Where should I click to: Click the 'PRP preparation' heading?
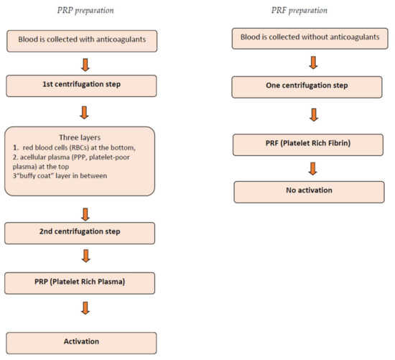pyautogui.click(x=85, y=11)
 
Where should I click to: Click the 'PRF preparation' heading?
pyautogui.click(x=299, y=11)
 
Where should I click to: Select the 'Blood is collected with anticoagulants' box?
pyautogui.click(x=82, y=41)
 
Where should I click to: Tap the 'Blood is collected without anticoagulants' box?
pyautogui.click(x=310, y=38)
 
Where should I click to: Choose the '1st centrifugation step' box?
pyautogui.click(x=81, y=86)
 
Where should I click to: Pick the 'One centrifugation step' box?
pyautogui.click(x=307, y=87)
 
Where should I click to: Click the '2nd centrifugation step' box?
pyautogui.click(x=80, y=233)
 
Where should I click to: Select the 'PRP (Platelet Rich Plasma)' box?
pyautogui.click(x=80, y=283)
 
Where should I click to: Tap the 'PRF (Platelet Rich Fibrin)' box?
pyautogui.click(x=308, y=144)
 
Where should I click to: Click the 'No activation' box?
pyautogui.click(x=309, y=192)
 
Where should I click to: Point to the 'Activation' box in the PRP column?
pyautogui.click(x=81, y=343)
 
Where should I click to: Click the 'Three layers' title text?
pyautogui.click(x=80, y=138)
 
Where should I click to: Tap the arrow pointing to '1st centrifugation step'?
pyautogui.click(x=85, y=65)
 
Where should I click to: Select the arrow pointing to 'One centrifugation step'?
pyautogui.click(x=313, y=63)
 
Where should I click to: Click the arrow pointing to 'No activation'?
pyautogui.click(x=312, y=169)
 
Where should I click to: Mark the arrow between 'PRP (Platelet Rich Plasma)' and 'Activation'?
pyautogui.click(x=85, y=308)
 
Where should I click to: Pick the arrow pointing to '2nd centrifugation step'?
pyautogui.click(x=85, y=215)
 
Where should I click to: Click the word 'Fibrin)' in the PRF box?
pyautogui.click(x=339, y=143)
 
